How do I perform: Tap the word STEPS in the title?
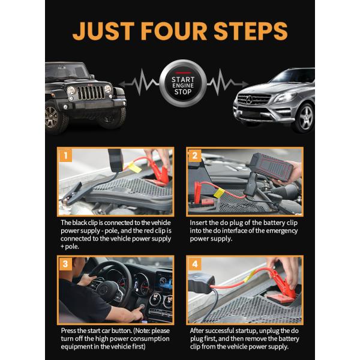(x=251, y=31)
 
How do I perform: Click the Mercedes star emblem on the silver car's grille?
(x=250, y=100)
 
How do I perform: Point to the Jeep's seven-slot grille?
(x=91, y=92)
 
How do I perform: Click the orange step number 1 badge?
(x=65, y=155)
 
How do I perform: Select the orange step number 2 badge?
(x=194, y=155)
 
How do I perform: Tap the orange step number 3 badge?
(x=65, y=264)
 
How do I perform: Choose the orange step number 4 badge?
(x=194, y=264)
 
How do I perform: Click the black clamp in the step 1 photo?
(x=71, y=193)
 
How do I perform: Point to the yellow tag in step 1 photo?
(x=134, y=167)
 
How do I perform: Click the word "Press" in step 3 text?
(x=68, y=331)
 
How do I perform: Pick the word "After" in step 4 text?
(x=197, y=331)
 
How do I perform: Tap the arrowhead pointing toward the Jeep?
(x=122, y=84)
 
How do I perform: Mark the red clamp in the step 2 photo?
(x=197, y=193)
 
